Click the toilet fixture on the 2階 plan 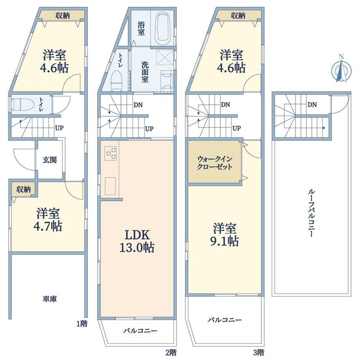pos(116,81)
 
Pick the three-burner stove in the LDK pos(111,153)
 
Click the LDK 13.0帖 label pos(137,241)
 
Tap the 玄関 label pos(50,160)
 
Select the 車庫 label pos(50,299)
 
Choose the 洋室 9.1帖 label pos(225,234)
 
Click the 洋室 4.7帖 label pos(48,220)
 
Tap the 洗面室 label pos(145,72)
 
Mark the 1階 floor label pos(82,324)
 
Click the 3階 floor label pos(259,352)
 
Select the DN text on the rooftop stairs pos(312,105)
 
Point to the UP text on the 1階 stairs pos(59,128)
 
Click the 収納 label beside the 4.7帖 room pos(23,189)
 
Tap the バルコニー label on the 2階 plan pos(140,331)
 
